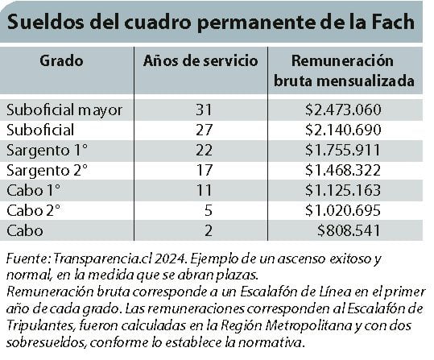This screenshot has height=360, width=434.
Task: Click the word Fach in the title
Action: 391,22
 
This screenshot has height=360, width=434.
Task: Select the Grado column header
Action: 61,60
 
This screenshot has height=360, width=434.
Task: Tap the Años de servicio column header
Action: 200,61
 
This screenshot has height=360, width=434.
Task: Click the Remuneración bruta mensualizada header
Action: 343,71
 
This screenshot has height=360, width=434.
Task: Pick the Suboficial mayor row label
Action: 64,110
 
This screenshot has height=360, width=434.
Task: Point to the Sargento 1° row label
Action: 47,151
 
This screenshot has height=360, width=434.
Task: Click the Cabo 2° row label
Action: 33,210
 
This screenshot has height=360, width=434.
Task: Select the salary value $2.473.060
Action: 343,110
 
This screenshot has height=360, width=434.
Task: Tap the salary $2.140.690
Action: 343,130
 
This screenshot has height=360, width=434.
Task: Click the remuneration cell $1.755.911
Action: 343,150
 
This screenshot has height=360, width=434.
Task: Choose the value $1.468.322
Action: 343,170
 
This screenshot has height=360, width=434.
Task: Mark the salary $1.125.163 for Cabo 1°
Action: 343,190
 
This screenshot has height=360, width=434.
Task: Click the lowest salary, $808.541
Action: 349,230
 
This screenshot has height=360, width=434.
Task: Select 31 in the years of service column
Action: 204,110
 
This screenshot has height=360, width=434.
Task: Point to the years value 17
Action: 204,170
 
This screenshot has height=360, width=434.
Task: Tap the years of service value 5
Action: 208,210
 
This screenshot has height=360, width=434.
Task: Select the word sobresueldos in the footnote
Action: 45,343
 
